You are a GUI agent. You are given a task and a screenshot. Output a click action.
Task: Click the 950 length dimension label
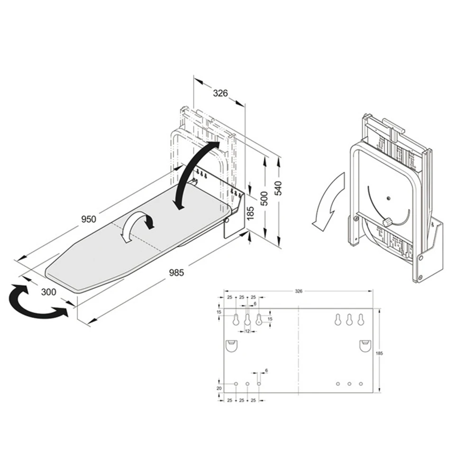pos(88,219)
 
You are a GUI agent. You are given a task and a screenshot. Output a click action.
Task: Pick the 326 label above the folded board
pos(220,93)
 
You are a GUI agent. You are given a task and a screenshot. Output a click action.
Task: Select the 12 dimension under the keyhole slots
pos(247,331)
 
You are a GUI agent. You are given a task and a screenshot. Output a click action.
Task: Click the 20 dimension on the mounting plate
pos(219,388)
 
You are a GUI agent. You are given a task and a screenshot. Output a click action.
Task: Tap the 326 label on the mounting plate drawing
pos(298,291)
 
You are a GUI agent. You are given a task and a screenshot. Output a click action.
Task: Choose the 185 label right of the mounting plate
pos(378,353)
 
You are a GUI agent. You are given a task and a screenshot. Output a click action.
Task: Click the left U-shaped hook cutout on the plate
pos(231,346)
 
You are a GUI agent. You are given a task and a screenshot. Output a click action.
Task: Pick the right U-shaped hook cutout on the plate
pos(365,346)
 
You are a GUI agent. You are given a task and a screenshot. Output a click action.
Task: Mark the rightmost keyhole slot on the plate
pos(361,320)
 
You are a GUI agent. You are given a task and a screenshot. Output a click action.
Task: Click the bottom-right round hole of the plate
pos(361,383)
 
